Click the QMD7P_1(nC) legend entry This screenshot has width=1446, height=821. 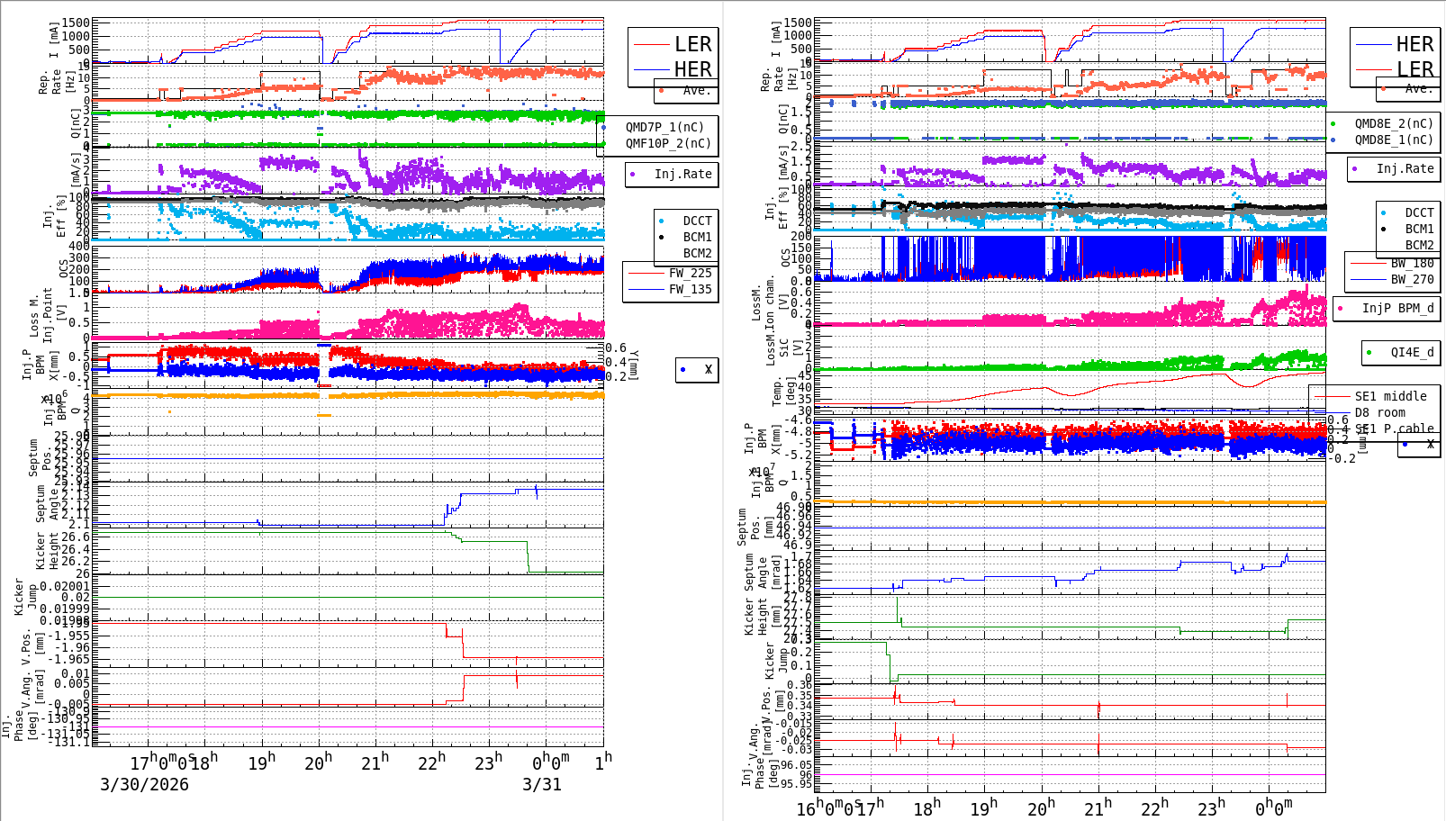[x=664, y=127]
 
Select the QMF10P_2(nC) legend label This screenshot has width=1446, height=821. [x=668, y=143]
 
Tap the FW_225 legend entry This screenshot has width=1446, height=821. [x=690, y=273]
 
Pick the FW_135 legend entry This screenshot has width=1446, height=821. [x=690, y=289]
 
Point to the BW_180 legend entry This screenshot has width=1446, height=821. [x=1412, y=263]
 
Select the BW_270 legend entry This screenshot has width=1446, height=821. [x=1412, y=279]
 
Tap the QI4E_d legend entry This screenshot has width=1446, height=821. [x=1412, y=352]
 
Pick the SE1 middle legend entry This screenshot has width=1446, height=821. [x=1390, y=396]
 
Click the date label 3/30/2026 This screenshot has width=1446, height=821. [x=144, y=784]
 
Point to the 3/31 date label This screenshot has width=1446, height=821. [x=542, y=784]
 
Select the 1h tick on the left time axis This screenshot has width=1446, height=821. [x=603, y=762]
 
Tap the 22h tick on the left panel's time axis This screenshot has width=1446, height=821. [x=432, y=762]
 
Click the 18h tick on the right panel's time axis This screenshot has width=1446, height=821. [x=926, y=807]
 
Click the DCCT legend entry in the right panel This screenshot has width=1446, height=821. [x=1419, y=212]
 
